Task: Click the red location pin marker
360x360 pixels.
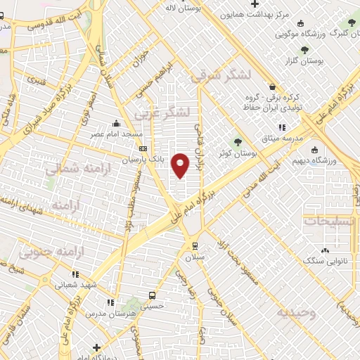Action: tap(181, 165)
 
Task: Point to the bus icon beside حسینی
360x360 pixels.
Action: tap(151, 295)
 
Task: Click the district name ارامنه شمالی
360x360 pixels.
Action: tap(72, 169)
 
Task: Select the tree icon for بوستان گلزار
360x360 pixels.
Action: tap(304, 50)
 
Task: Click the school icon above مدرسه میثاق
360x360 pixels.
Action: tap(281, 127)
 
